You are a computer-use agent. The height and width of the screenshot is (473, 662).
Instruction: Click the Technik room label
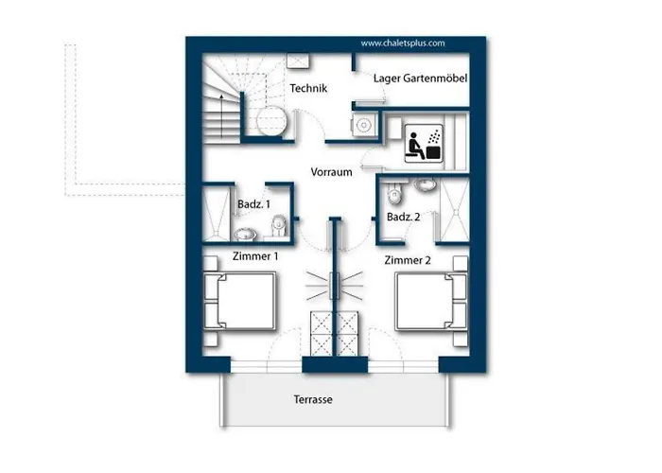308,88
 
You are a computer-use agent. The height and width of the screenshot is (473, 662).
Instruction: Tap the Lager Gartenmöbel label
420,79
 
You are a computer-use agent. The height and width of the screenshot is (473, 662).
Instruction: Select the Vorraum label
331,172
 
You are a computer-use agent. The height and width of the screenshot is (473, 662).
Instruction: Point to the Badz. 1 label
253,204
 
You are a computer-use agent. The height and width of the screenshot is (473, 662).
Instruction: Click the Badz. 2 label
403,217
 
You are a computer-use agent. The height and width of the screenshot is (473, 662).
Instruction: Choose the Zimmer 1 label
255,256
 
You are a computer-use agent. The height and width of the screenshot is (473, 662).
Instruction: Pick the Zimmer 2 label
408,260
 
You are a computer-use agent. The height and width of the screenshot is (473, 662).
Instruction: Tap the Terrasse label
313,399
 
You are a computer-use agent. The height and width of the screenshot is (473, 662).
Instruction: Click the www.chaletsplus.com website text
403,44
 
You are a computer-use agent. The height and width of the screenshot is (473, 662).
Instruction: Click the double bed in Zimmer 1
240,301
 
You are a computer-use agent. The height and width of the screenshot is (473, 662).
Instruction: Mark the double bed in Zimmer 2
431,301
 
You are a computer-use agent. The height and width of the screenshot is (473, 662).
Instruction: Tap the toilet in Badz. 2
394,193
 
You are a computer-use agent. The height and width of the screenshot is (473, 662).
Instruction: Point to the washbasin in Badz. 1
245,234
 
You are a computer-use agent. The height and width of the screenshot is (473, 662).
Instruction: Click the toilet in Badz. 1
279,225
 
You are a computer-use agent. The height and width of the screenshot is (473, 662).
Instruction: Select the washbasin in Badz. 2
426,184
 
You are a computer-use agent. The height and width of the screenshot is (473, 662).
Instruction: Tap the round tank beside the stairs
272,120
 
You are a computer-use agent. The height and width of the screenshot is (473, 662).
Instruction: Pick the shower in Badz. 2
455,210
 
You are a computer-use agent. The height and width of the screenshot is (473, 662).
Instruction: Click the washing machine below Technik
363,125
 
